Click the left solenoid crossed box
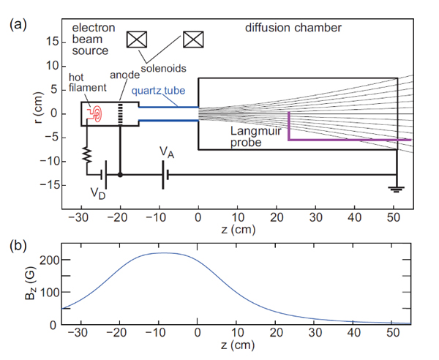(x=137, y=40)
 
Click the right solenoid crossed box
(x=193, y=40)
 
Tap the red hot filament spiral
(x=97, y=113)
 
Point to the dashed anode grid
(x=121, y=113)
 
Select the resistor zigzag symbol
(x=87, y=154)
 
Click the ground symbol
(x=396, y=190)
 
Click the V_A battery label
(x=167, y=152)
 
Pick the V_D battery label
(x=98, y=193)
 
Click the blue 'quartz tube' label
(x=159, y=91)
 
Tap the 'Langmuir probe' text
(x=255, y=137)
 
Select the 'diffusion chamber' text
(x=293, y=28)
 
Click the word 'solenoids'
(x=163, y=68)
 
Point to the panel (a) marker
(x=18, y=24)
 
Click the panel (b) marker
(x=18, y=246)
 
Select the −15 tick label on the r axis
(x=49, y=185)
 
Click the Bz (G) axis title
(x=30, y=284)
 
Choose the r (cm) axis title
(x=38, y=108)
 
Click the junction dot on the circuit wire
(x=120, y=175)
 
